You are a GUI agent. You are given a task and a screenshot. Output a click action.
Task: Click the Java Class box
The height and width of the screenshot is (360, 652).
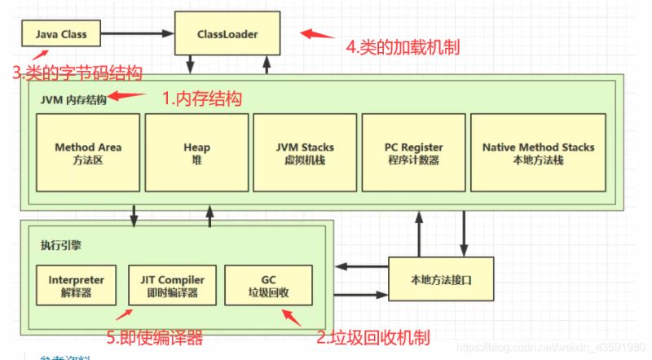pyautogui.click(x=61, y=35)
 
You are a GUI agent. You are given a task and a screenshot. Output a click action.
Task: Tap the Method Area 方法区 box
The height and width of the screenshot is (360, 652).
pyautogui.click(x=88, y=152)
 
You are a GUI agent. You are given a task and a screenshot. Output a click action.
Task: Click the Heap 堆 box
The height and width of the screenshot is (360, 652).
pyautogui.click(x=196, y=152)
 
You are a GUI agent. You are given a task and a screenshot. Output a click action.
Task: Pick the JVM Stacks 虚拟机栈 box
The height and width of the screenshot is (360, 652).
pyautogui.click(x=305, y=152)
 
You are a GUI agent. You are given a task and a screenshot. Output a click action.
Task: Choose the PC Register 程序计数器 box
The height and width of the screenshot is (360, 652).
pyautogui.click(x=413, y=152)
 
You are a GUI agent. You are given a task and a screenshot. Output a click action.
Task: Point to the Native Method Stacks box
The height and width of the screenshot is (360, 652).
pyautogui.click(x=538, y=152)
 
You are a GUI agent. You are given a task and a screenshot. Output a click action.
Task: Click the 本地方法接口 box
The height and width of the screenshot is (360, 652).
pyautogui.click(x=442, y=279)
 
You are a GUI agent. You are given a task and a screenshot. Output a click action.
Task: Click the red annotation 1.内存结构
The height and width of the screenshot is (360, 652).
pyautogui.click(x=201, y=99)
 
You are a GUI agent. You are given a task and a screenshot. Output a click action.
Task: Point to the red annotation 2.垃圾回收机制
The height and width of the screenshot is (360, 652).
pyautogui.click(x=372, y=336)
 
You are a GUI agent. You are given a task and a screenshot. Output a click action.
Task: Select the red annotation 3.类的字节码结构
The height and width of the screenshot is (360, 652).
pyautogui.click(x=77, y=73)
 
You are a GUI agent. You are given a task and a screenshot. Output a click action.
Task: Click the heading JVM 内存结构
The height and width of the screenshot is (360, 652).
pyautogui.click(x=73, y=99)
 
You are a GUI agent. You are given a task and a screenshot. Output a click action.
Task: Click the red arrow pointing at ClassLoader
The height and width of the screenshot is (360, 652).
pyautogui.click(x=317, y=35)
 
